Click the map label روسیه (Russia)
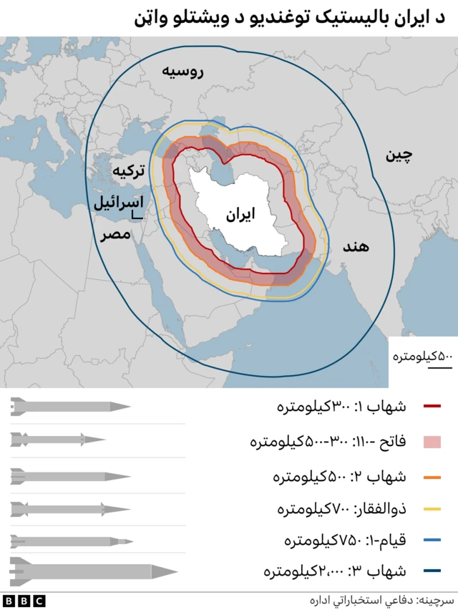pos(183,72)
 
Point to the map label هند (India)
pos(355,247)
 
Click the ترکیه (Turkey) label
pos(130,171)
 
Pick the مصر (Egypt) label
pos(114,234)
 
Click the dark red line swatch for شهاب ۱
pos(432,407)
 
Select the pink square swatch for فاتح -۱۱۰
pos(432,442)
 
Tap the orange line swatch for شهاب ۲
pos(432,476)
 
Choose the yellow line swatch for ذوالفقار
pos(432,510)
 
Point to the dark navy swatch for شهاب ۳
pos(432,571)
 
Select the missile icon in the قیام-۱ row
pos(72,541)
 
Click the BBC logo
pos(24,600)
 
